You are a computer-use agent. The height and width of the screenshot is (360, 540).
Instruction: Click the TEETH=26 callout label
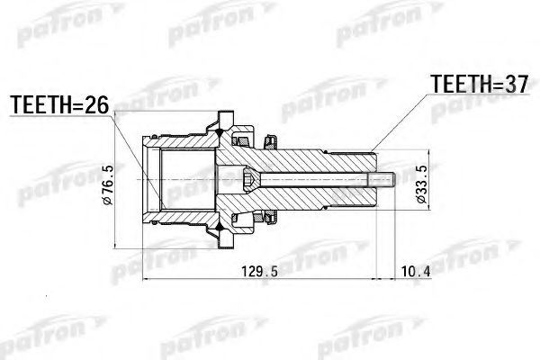(58, 105)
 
